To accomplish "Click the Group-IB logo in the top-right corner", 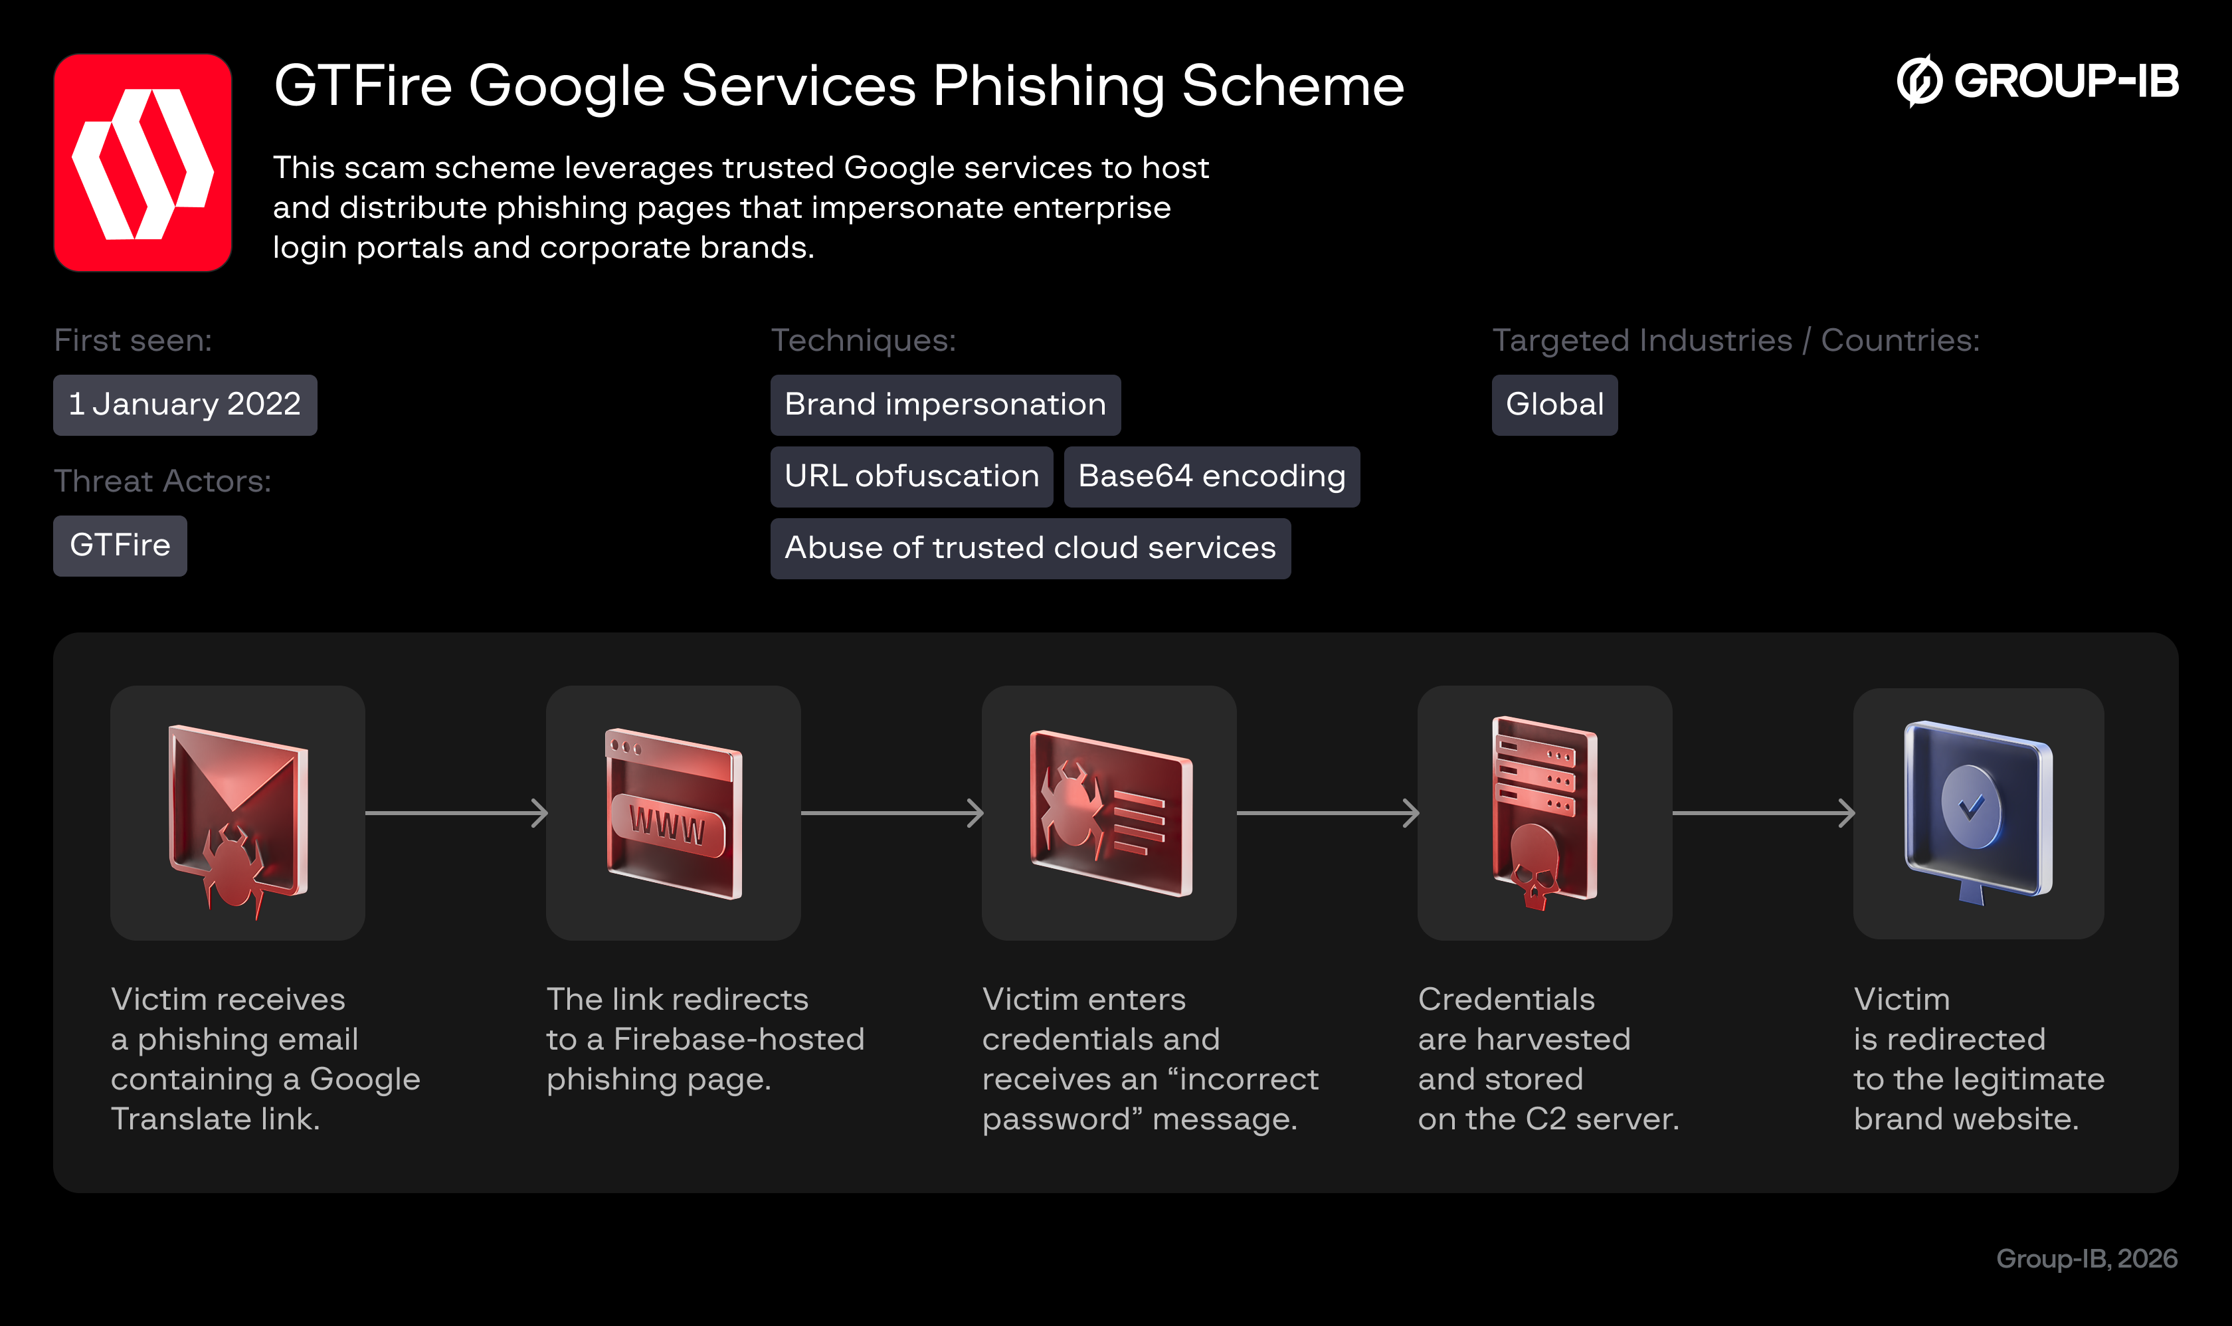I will (2037, 81).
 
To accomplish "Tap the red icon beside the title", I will (143, 163).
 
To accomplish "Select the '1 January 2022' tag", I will (185, 405).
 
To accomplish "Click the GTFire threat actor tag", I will (120, 545).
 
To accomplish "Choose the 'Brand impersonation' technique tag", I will (945, 405).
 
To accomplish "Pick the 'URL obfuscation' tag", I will (911, 476).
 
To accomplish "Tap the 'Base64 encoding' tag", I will (1211, 476).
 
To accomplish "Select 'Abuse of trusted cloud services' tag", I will (1030, 547).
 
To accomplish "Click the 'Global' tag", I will (1554, 405).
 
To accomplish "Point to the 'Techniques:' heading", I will (863, 340).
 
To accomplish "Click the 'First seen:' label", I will (133, 340).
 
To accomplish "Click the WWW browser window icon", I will (673, 813).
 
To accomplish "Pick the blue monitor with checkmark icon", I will (1978, 813).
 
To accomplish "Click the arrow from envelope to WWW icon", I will (456, 813).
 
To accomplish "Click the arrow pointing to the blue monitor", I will (1762, 813).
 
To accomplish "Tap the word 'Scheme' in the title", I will (1292, 86).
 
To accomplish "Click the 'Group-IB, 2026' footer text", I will (2087, 1258).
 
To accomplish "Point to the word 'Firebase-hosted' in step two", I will (739, 1039).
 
